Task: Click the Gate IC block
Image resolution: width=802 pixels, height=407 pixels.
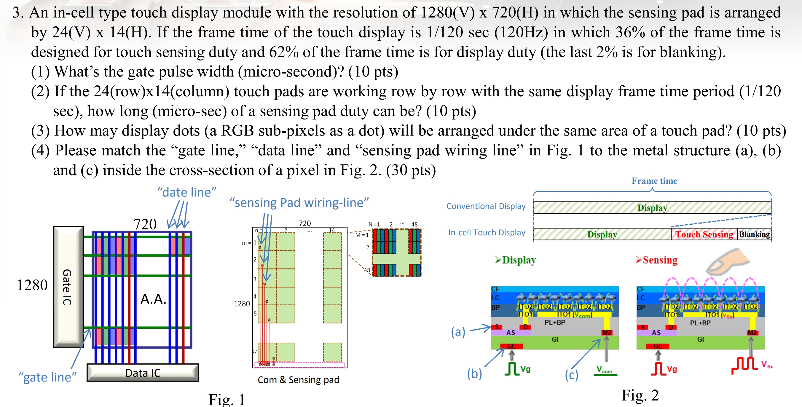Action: click(68, 287)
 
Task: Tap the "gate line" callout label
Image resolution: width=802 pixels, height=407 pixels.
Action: click(47, 377)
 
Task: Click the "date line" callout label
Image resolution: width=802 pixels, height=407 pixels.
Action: click(186, 192)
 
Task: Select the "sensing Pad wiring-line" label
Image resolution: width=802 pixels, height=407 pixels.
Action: click(299, 202)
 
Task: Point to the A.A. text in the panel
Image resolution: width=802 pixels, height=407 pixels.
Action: click(153, 299)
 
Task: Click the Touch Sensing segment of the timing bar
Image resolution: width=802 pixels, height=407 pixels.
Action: click(704, 234)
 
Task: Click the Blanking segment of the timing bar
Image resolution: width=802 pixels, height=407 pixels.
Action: click(754, 234)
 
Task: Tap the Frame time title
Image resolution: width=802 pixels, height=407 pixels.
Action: click(654, 181)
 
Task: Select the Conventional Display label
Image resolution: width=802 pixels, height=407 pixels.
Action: click(486, 206)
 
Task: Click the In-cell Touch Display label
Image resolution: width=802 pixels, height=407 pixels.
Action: click(486, 232)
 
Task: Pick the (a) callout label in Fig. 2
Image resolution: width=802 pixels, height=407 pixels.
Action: click(458, 332)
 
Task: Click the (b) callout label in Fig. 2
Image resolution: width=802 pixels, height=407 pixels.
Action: click(474, 374)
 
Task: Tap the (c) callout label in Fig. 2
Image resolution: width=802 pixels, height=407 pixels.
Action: click(571, 375)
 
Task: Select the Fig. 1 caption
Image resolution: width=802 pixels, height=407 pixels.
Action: click(227, 399)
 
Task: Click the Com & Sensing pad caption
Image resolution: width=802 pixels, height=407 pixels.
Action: click(298, 380)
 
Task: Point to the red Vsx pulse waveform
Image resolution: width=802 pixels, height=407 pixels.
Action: click(744, 365)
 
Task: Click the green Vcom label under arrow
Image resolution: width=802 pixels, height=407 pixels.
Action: click(604, 370)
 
